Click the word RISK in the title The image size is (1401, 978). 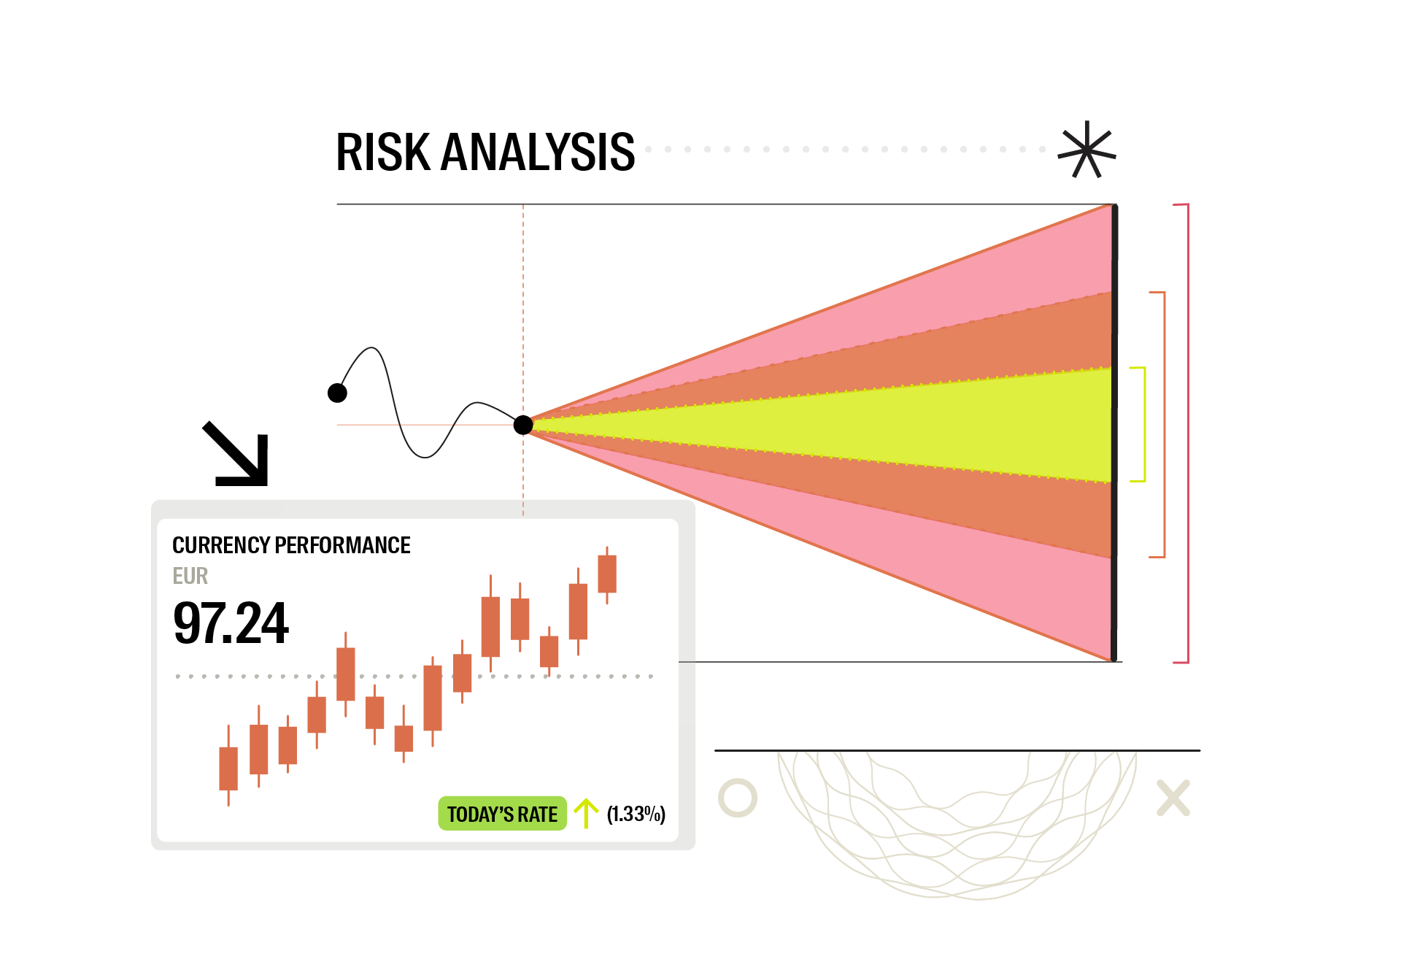(383, 153)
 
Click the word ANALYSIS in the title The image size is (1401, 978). (538, 153)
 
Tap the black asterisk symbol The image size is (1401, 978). (1087, 150)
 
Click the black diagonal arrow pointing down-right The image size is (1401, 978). (237, 455)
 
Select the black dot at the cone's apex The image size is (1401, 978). (523, 425)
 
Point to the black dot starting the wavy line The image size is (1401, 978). (337, 393)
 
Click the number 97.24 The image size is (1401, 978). (231, 623)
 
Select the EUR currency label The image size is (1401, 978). (190, 576)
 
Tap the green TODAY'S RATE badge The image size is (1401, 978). (502, 814)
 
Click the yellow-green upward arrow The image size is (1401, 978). (585, 813)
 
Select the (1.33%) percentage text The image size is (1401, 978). (636, 814)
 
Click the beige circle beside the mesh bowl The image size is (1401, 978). (738, 798)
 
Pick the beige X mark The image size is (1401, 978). (1173, 798)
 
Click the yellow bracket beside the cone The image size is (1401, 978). (1143, 424)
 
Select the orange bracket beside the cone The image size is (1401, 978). (1163, 424)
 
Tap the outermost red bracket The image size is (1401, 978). (1187, 434)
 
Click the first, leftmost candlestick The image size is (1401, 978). (228, 768)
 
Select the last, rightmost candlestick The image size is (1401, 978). (607, 574)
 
